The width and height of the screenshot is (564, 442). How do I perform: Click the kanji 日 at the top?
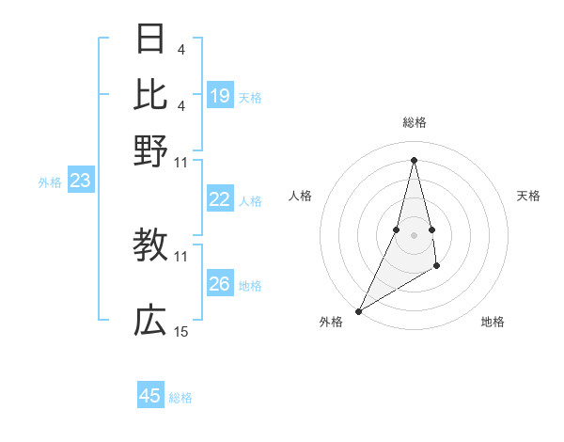[x=150, y=39]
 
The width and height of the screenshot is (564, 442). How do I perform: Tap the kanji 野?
[x=150, y=150]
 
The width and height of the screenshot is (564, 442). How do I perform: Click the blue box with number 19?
[x=220, y=96]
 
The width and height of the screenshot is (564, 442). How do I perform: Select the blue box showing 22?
[x=220, y=199]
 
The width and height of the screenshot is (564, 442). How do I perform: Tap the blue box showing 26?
[x=220, y=284]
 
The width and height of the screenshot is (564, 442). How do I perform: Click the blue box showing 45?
[x=150, y=396]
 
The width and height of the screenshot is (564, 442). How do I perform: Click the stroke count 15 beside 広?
[x=181, y=332]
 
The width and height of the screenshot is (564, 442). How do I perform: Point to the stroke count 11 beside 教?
[x=181, y=256]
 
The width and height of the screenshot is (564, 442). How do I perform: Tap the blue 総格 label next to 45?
[x=180, y=398]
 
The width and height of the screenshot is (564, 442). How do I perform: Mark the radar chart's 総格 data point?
[x=415, y=159]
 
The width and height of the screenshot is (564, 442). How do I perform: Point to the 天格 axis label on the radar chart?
[x=529, y=196]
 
